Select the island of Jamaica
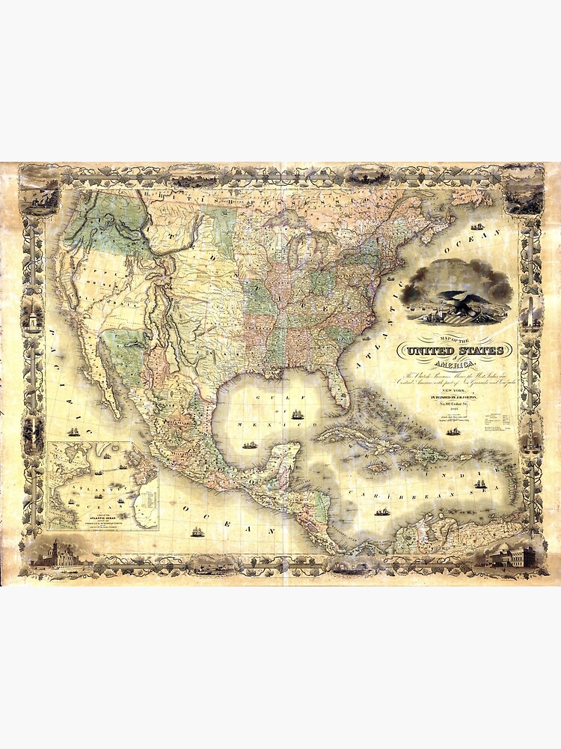click(x=378, y=468)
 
